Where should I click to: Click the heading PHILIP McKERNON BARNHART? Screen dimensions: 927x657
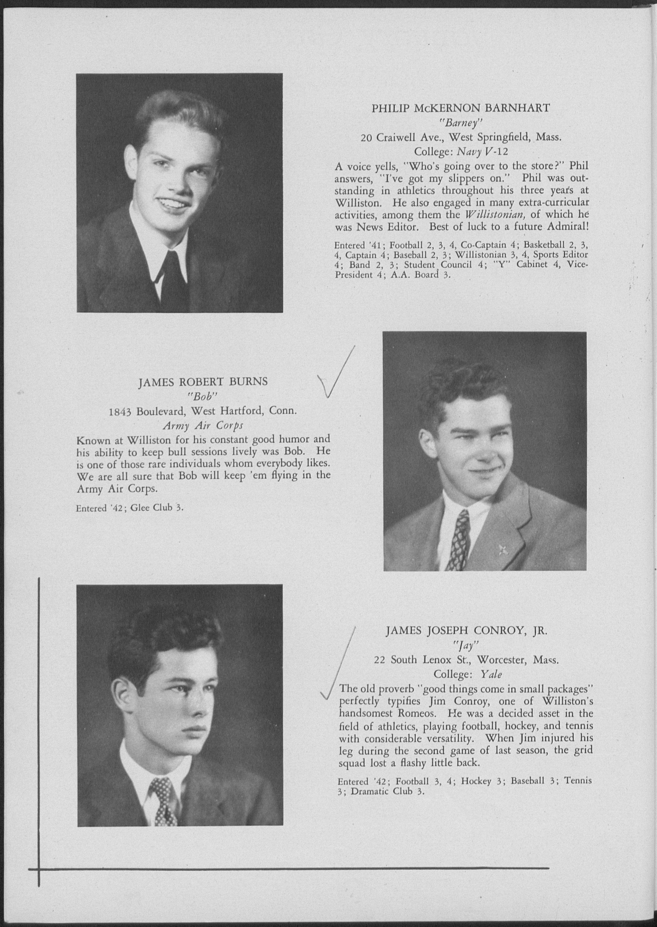[x=461, y=108]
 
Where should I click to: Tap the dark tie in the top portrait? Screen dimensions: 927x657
[x=174, y=279]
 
